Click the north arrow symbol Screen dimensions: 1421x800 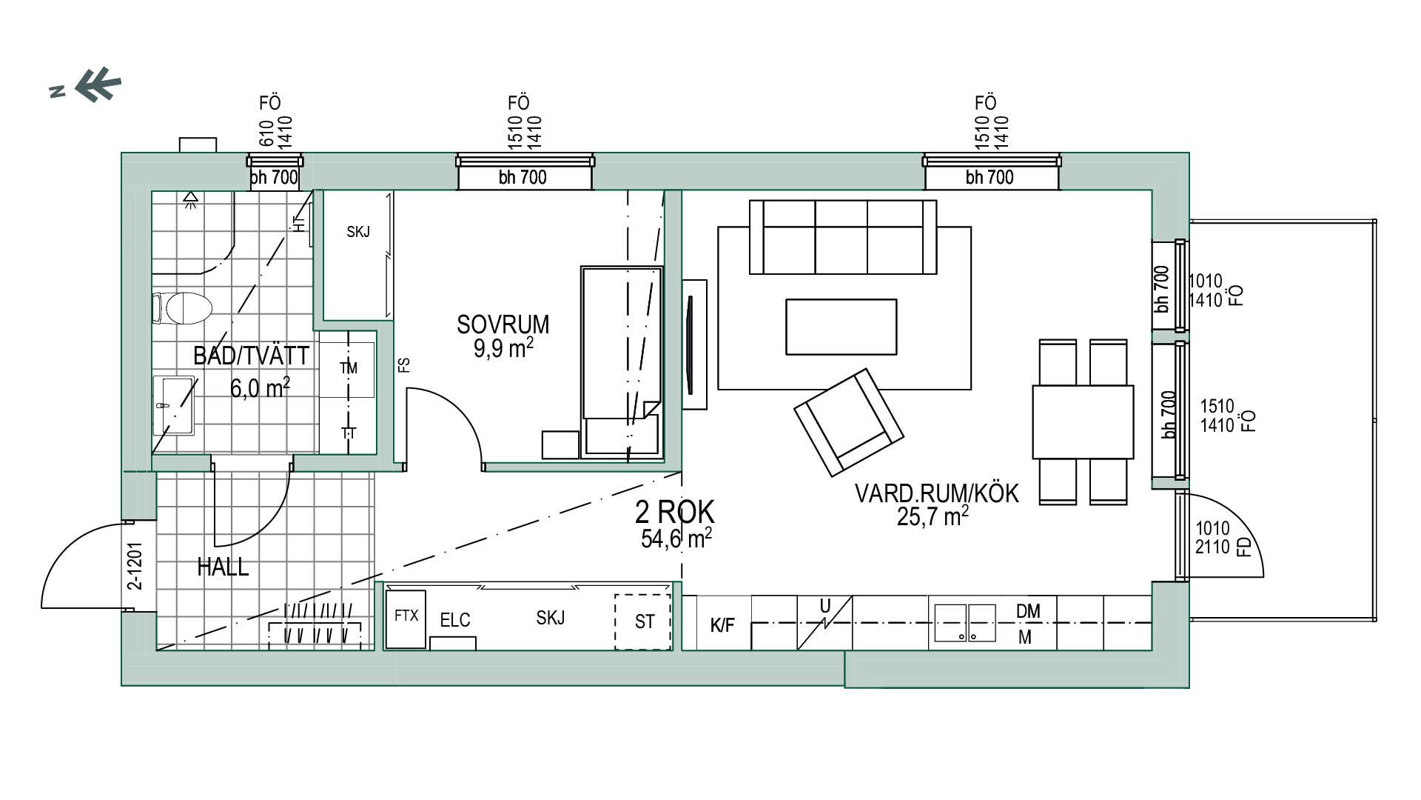[86, 85]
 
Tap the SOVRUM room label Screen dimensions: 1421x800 [503, 324]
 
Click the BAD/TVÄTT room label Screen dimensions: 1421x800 [251, 356]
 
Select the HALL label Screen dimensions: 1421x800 [223, 567]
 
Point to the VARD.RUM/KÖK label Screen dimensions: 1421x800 [936, 493]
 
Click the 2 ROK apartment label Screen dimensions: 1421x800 [675, 512]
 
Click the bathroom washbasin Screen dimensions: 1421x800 [174, 405]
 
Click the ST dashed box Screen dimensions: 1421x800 [643, 622]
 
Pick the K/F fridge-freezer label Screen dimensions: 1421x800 [722, 625]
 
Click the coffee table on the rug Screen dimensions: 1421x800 [841, 327]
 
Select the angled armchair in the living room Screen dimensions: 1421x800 [849, 423]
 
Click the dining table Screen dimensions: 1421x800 [1083, 421]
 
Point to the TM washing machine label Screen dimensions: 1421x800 [349, 368]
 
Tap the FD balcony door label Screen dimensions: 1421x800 [1245, 547]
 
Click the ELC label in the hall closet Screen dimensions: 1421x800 [454, 621]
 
